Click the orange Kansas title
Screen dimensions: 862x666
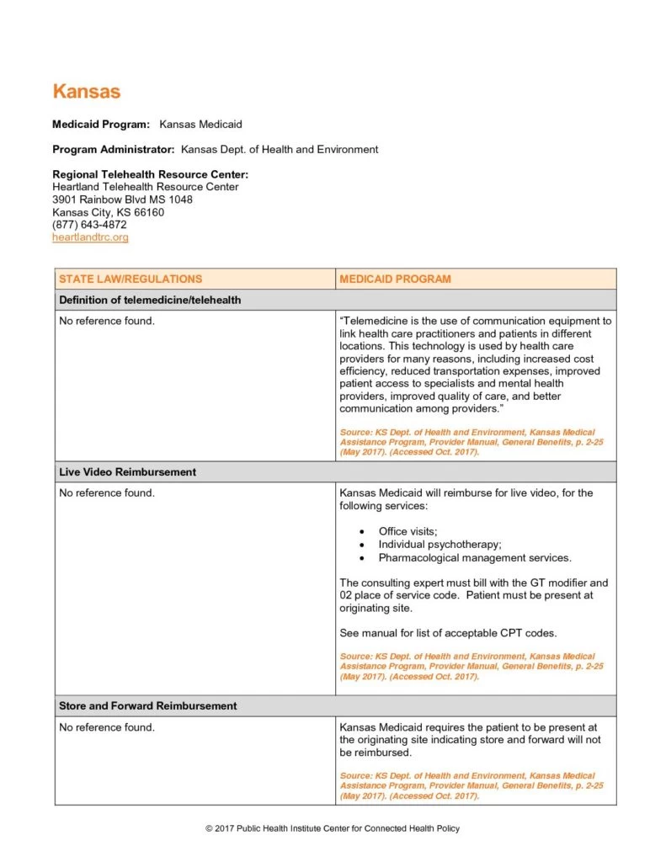coord(86,91)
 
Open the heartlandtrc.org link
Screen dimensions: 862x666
coord(90,237)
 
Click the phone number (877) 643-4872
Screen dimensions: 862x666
coord(89,225)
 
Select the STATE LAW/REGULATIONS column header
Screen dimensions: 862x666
coord(131,279)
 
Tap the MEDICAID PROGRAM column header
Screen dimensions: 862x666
coord(395,279)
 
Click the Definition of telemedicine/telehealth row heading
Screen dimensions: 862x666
coord(149,300)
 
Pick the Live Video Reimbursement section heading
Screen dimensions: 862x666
coord(127,472)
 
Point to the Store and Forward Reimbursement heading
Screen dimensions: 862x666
coord(147,705)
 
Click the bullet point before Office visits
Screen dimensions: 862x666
coord(361,531)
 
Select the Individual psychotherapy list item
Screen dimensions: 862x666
coord(440,545)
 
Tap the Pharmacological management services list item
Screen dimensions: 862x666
coord(475,557)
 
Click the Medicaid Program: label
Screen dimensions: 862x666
coord(101,125)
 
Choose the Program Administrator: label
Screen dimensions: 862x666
coord(114,150)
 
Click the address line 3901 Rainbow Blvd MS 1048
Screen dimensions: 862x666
coord(122,200)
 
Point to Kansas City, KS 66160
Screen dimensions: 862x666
coord(108,212)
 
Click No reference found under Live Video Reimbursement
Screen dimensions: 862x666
coord(107,493)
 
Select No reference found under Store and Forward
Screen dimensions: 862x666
coord(107,727)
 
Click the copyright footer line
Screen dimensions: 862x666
coord(333,828)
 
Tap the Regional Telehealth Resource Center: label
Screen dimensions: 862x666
coord(150,174)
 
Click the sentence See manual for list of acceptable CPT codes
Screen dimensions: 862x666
coord(448,633)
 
